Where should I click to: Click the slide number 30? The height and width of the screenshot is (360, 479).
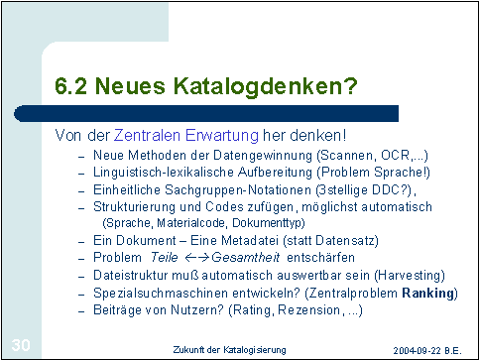tap(21, 345)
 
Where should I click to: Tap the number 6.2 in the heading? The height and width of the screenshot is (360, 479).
tap(70, 86)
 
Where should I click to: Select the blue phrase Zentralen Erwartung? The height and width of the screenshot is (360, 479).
tap(185, 136)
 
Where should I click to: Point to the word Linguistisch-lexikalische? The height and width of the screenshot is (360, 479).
tap(164, 173)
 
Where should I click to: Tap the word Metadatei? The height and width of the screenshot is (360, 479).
tap(250, 240)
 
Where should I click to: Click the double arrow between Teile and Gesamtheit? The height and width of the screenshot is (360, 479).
tap(196, 258)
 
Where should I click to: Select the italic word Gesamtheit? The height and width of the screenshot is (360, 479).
tap(246, 257)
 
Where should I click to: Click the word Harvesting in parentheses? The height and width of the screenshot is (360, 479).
tap(410, 276)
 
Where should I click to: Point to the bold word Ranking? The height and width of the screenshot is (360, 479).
tap(427, 294)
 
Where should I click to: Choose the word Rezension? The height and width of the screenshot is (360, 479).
tap(308, 310)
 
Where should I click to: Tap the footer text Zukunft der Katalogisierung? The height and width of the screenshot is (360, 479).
tap(229, 350)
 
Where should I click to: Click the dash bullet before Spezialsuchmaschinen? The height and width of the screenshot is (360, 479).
tap(81, 295)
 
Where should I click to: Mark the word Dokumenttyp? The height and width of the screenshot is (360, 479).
tap(268, 223)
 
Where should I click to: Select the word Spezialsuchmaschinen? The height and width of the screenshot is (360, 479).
tap(161, 294)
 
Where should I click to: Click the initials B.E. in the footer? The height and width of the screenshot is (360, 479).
tap(453, 350)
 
